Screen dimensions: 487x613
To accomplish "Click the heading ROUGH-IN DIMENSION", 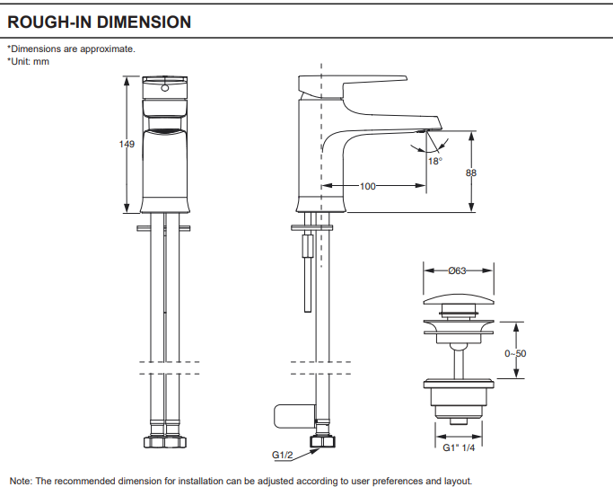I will tap(99, 22).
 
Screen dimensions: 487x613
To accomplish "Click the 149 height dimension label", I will tap(127, 145).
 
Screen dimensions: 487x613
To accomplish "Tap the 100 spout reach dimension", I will tap(367, 187).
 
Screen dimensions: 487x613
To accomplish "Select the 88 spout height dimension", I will tap(470, 173).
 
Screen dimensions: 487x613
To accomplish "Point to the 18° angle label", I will tap(435, 162).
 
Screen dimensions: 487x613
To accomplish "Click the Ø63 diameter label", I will tap(458, 270).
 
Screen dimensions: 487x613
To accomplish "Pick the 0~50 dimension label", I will tap(515, 353).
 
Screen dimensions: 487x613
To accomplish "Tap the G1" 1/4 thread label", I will tap(458, 447).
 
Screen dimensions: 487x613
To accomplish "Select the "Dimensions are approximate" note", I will tap(71, 49).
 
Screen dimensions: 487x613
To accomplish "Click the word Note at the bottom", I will tap(20, 481).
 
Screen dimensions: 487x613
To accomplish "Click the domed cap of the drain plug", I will tap(458, 299).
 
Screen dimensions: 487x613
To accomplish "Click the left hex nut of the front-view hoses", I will tap(152, 443).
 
